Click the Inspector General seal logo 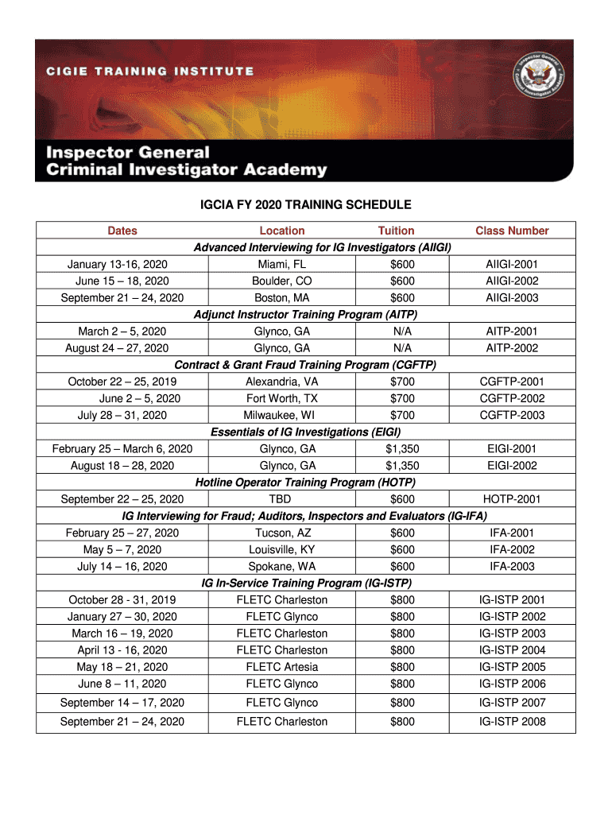point(536,82)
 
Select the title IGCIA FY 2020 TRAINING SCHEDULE point(305,205)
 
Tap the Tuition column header point(396,231)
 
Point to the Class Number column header point(512,231)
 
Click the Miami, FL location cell point(281,264)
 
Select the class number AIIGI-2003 point(512,297)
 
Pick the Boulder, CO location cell point(281,281)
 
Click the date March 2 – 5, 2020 point(122,331)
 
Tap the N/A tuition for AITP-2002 point(396,347)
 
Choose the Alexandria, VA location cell point(281,382)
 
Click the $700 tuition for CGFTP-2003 point(396,415)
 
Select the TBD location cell point(281,499)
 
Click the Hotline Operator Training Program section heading point(305,483)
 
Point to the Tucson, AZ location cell point(281,533)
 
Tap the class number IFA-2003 point(512,567)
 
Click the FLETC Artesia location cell point(281,667)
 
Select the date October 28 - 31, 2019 point(122,600)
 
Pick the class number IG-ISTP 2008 point(512,722)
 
